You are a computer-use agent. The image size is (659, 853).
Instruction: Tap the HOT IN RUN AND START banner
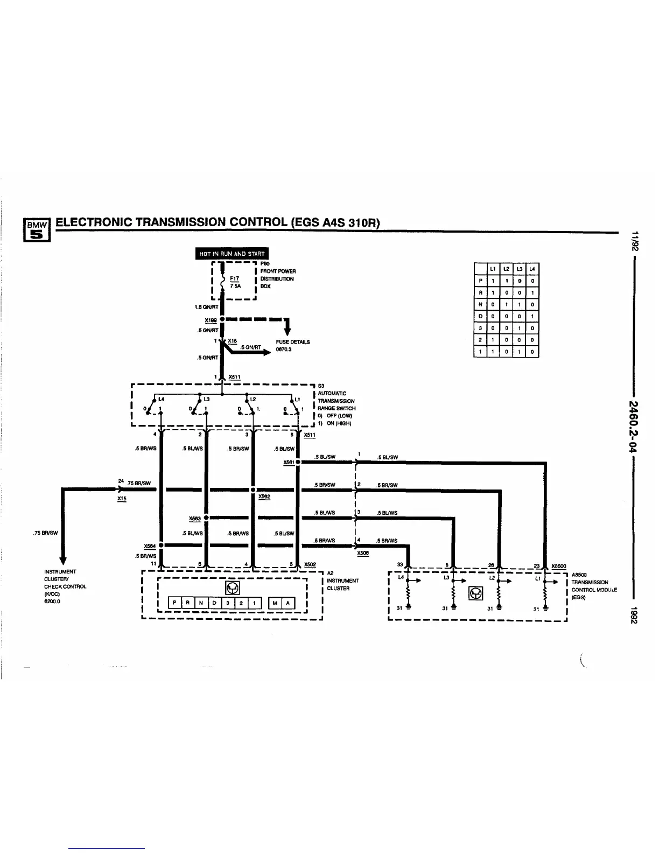tap(232, 253)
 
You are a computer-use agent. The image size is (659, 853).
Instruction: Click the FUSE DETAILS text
tap(292, 342)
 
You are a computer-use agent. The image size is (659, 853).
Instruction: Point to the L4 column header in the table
tap(532, 269)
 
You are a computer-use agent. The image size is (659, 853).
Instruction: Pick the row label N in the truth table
tap(480, 304)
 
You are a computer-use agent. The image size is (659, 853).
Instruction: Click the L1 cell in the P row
tap(493, 281)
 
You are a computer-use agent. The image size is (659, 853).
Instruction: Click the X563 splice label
tap(194, 519)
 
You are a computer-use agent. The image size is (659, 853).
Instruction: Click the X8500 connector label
tap(559, 566)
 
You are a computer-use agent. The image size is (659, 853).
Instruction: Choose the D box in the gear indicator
tap(214, 603)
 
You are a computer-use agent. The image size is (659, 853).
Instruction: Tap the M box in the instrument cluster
tap(275, 603)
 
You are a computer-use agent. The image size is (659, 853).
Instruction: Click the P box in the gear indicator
tap(175, 603)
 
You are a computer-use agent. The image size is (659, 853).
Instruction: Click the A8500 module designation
tap(579, 575)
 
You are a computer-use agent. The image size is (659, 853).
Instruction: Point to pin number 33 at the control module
tap(399, 564)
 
